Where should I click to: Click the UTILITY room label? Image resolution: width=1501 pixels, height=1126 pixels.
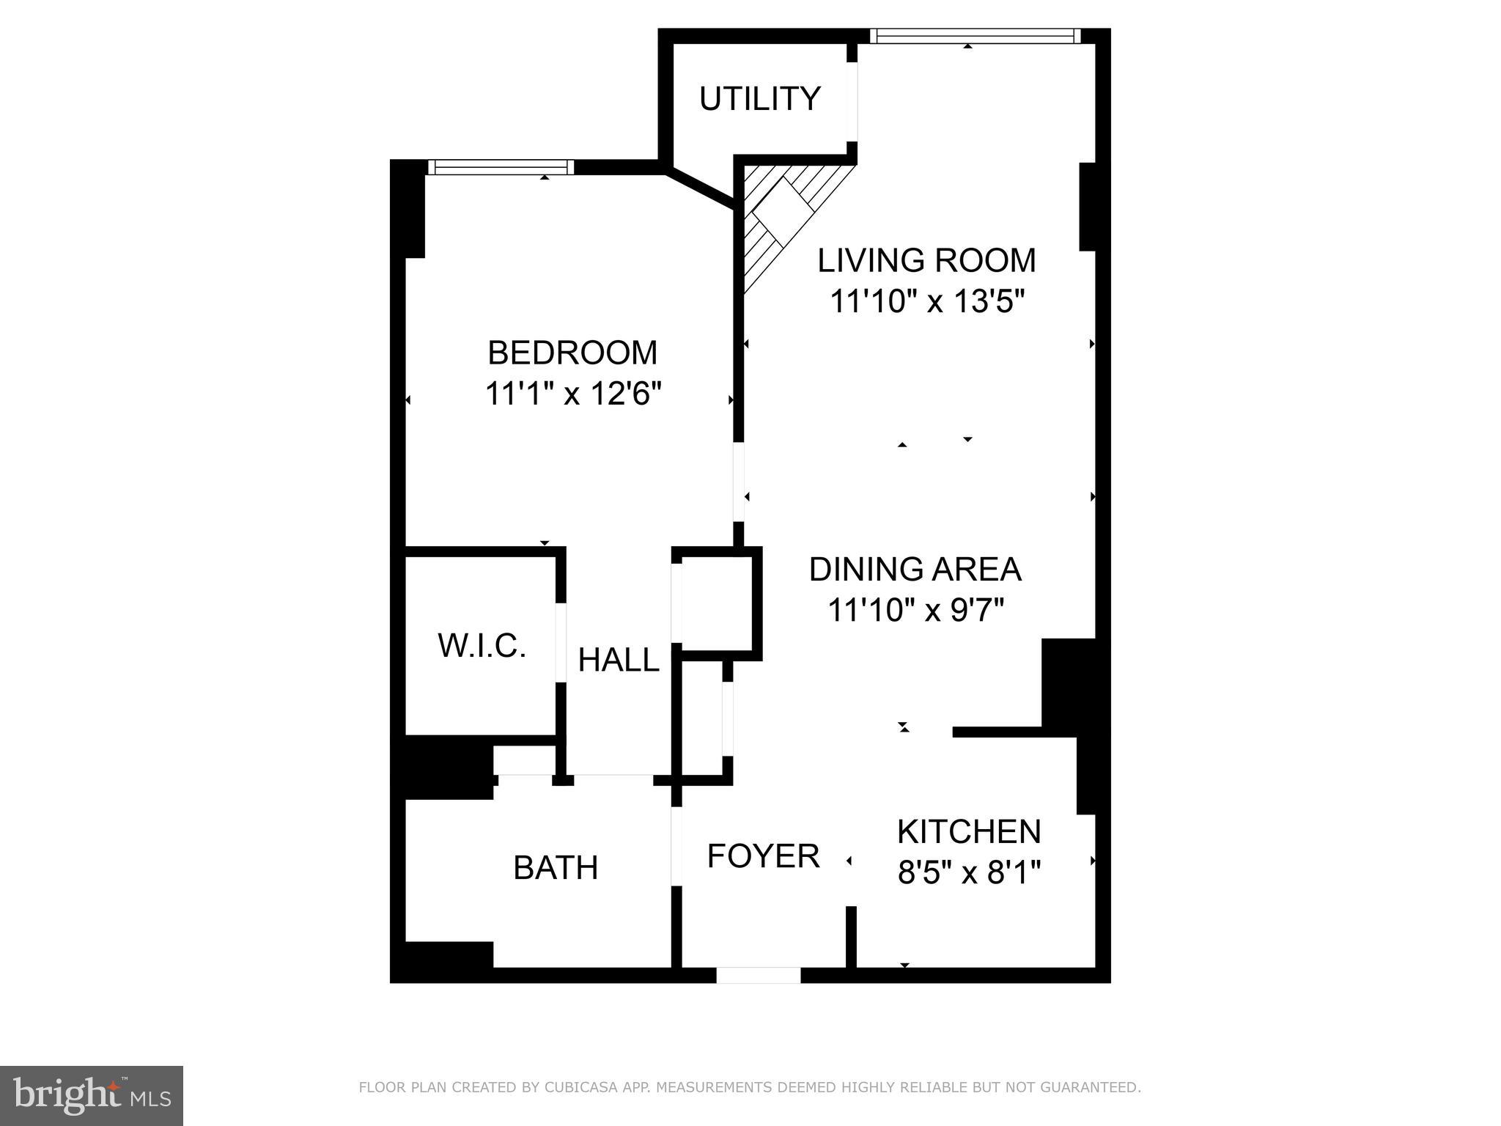pyautogui.click(x=759, y=99)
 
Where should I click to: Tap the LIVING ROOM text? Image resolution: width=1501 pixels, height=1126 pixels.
pyautogui.click(x=926, y=261)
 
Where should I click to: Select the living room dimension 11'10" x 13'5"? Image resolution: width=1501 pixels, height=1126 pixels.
pyautogui.click(x=926, y=301)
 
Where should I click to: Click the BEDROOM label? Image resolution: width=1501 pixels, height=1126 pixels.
pyautogui.click(x=572, y=353)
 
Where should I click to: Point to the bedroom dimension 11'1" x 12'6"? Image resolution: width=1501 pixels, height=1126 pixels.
pyautogui.click(x=572, y=394)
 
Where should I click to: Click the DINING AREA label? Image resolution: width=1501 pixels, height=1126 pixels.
pyautogui.click(x=915, y=570)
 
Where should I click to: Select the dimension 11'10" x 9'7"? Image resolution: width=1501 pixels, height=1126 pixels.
pyautogui.click(x=915, y=610)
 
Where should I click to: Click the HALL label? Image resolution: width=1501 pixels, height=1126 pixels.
pyautogui.click(x=619, y=660)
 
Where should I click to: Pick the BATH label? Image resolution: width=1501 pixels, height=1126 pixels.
pyautogui.click(x=556, y=868)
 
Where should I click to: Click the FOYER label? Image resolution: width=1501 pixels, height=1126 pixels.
pyautogui.click(x=763, y=856)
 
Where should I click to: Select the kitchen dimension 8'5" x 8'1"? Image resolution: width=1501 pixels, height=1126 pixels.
pyautogui.click(x=969, y=873)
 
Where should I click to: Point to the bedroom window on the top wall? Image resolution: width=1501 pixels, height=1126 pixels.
pyautogui.click(x=501, y=168)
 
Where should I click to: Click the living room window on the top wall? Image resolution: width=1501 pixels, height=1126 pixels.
pyautogui.click(x=975, y=36)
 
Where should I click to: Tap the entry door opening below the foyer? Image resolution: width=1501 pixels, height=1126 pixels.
pyautogui.click(x=759, y=975)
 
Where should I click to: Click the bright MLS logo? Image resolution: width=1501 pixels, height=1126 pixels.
pyautogui.click(x=91, y=1096)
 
